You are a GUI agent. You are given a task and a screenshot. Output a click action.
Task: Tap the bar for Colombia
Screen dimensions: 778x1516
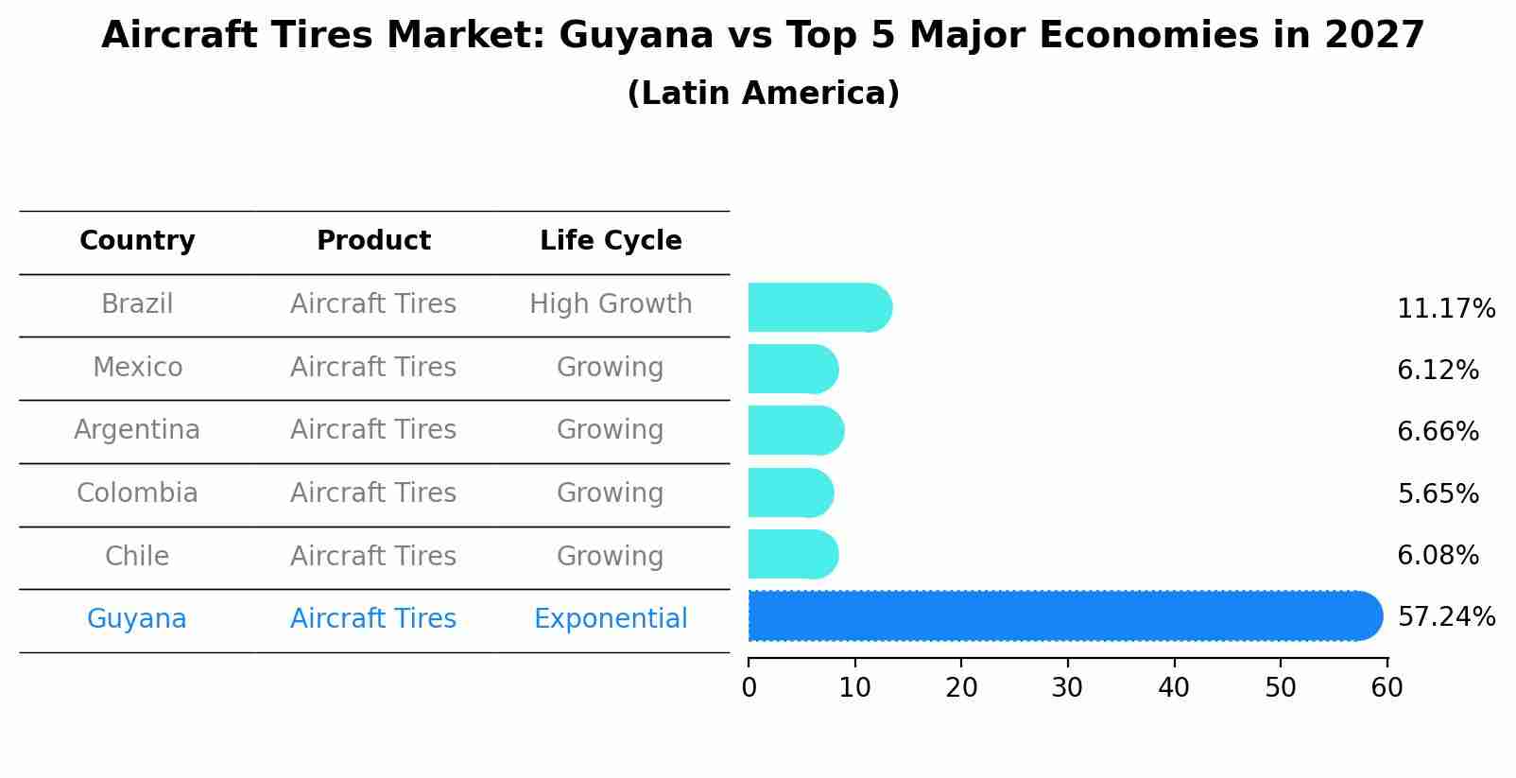(x=790, y=493)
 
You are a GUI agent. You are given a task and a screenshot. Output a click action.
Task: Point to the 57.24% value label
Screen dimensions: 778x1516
(x=1446, y=617)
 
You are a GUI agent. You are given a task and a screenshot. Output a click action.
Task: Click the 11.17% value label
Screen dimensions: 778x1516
(x=1446, y=309)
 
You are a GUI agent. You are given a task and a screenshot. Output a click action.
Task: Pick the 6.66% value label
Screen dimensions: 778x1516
(x=1438, y=432)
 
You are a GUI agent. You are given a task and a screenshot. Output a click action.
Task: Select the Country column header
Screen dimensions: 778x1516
(x=137, y=241)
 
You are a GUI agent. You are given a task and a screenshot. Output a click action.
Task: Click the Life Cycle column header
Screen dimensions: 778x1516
(x=611, y=241)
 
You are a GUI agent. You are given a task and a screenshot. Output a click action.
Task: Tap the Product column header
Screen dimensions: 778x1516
(x=373, y=241)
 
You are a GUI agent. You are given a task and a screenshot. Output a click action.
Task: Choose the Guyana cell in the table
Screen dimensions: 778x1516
(x=137, y=619)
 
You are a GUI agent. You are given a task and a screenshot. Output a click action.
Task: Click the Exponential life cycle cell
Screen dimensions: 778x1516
(x=611, y=619)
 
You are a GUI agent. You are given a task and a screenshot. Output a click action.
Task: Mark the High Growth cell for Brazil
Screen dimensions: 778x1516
(x=611, y=304)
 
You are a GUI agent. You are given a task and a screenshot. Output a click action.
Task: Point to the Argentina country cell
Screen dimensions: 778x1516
(x=137, y=430)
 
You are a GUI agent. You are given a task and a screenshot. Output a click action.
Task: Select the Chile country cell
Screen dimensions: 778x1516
(x=137, y=556)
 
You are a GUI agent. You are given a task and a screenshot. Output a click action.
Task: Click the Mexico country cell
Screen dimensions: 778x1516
(x=137, y=367)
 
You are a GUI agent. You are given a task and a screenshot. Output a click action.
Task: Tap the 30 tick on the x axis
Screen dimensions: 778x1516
(x=1068, y=688)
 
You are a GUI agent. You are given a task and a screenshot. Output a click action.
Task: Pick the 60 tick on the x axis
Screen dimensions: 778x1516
(x=1387, y=688)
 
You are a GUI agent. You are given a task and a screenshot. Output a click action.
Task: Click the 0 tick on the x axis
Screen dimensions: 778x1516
(x=749, y=688)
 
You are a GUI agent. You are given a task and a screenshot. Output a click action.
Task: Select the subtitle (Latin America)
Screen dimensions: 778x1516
(x=763, y=94)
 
